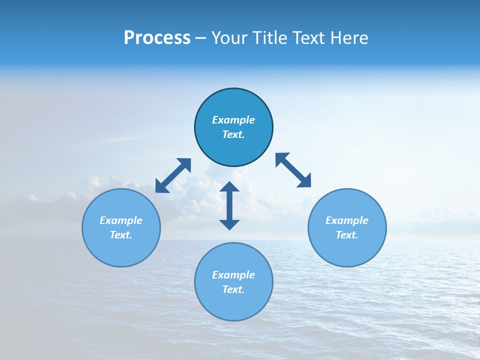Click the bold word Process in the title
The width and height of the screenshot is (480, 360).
[157, 38]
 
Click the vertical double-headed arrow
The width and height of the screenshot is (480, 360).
[229, 205]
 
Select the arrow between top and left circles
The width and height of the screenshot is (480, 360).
[173, 175]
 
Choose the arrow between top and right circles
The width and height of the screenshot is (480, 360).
[293, 170]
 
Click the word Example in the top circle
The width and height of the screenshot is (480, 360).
[233, 120]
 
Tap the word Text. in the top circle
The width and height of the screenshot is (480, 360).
[233, 134]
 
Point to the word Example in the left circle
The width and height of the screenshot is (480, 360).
[121, 220]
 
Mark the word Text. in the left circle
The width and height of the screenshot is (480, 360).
[121, 235]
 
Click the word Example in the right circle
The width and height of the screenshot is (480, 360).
[347, 220]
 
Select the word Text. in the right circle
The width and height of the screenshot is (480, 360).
[347, 235]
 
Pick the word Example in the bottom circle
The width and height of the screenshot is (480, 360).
[233, 275]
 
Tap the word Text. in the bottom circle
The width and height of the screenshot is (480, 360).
[233, 289]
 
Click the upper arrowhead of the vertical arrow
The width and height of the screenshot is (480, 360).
[229, 187]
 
